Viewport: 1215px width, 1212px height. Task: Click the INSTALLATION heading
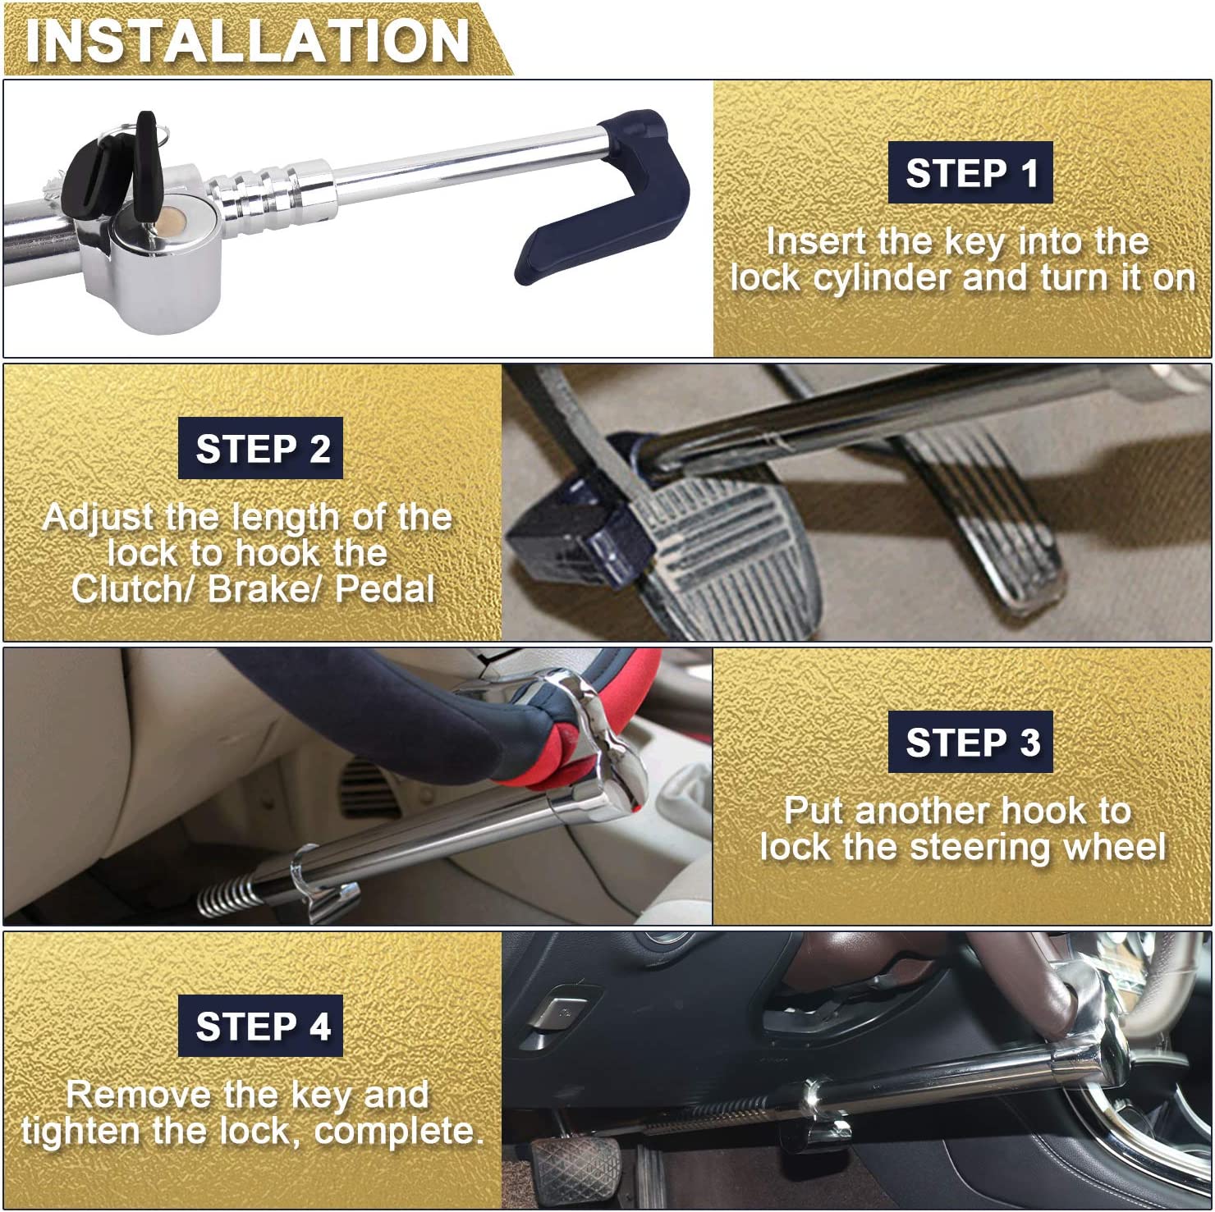[x=246, y=41]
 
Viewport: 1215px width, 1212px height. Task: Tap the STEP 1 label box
[x=970, y=172]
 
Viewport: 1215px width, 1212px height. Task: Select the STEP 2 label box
[x=261, y=448]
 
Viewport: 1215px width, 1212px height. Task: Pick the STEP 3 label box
[x=970, y=742]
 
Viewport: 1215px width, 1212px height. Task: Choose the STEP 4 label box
[x=261, y=1026]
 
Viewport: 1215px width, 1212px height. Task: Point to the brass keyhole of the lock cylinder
[x=171, y=220]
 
